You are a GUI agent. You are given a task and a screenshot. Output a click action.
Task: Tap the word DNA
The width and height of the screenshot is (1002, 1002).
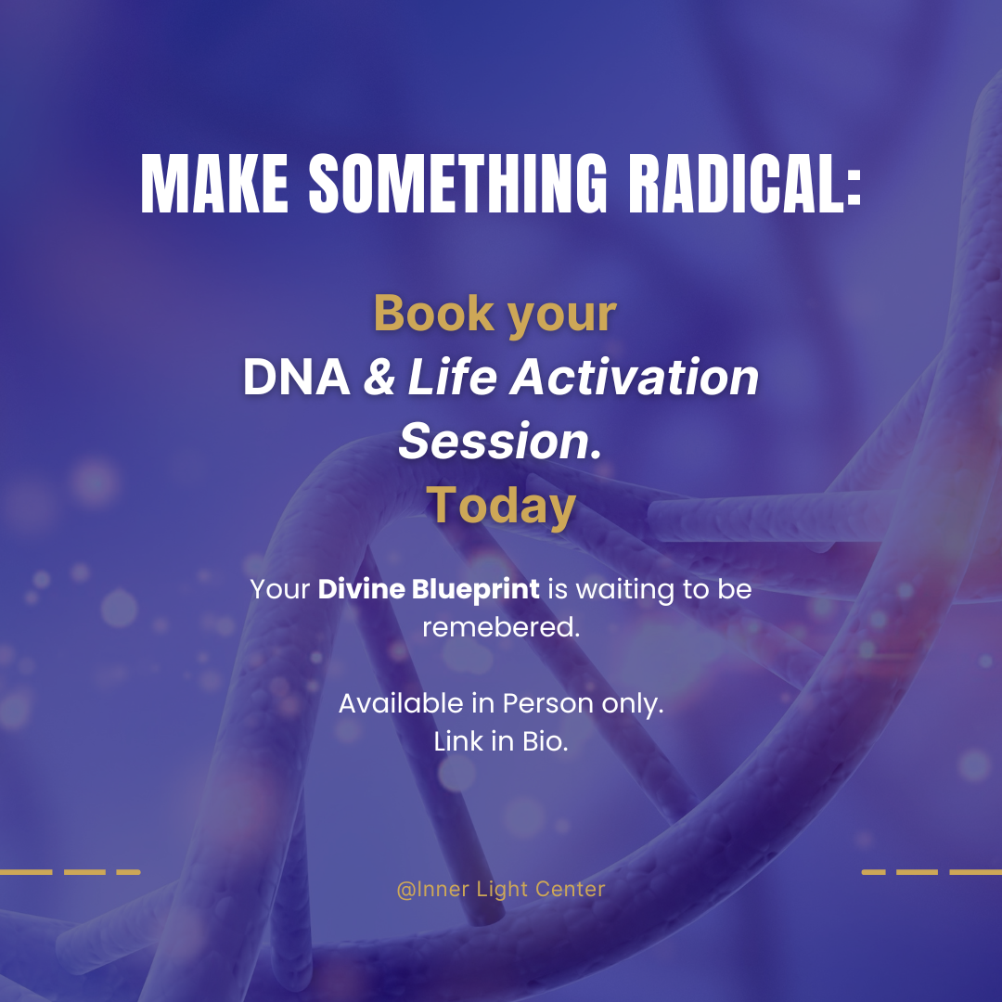tap(296, 379)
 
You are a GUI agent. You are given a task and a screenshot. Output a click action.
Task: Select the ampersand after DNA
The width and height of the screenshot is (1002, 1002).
tap(379, 379)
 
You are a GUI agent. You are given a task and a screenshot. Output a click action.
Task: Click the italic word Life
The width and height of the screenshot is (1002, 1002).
tap(451, 379)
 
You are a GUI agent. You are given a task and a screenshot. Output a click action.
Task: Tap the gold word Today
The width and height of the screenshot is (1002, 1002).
tap(501, 507)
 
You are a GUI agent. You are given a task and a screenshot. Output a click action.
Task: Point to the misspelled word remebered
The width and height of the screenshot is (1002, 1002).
tap(501, 627)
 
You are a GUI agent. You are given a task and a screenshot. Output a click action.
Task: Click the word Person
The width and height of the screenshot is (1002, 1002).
tap(547, 703)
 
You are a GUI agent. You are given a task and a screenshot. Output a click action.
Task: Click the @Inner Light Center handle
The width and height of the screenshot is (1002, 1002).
tap(501, 889)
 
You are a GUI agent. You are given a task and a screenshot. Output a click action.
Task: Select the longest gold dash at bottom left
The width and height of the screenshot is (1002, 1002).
tap(25, 872)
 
